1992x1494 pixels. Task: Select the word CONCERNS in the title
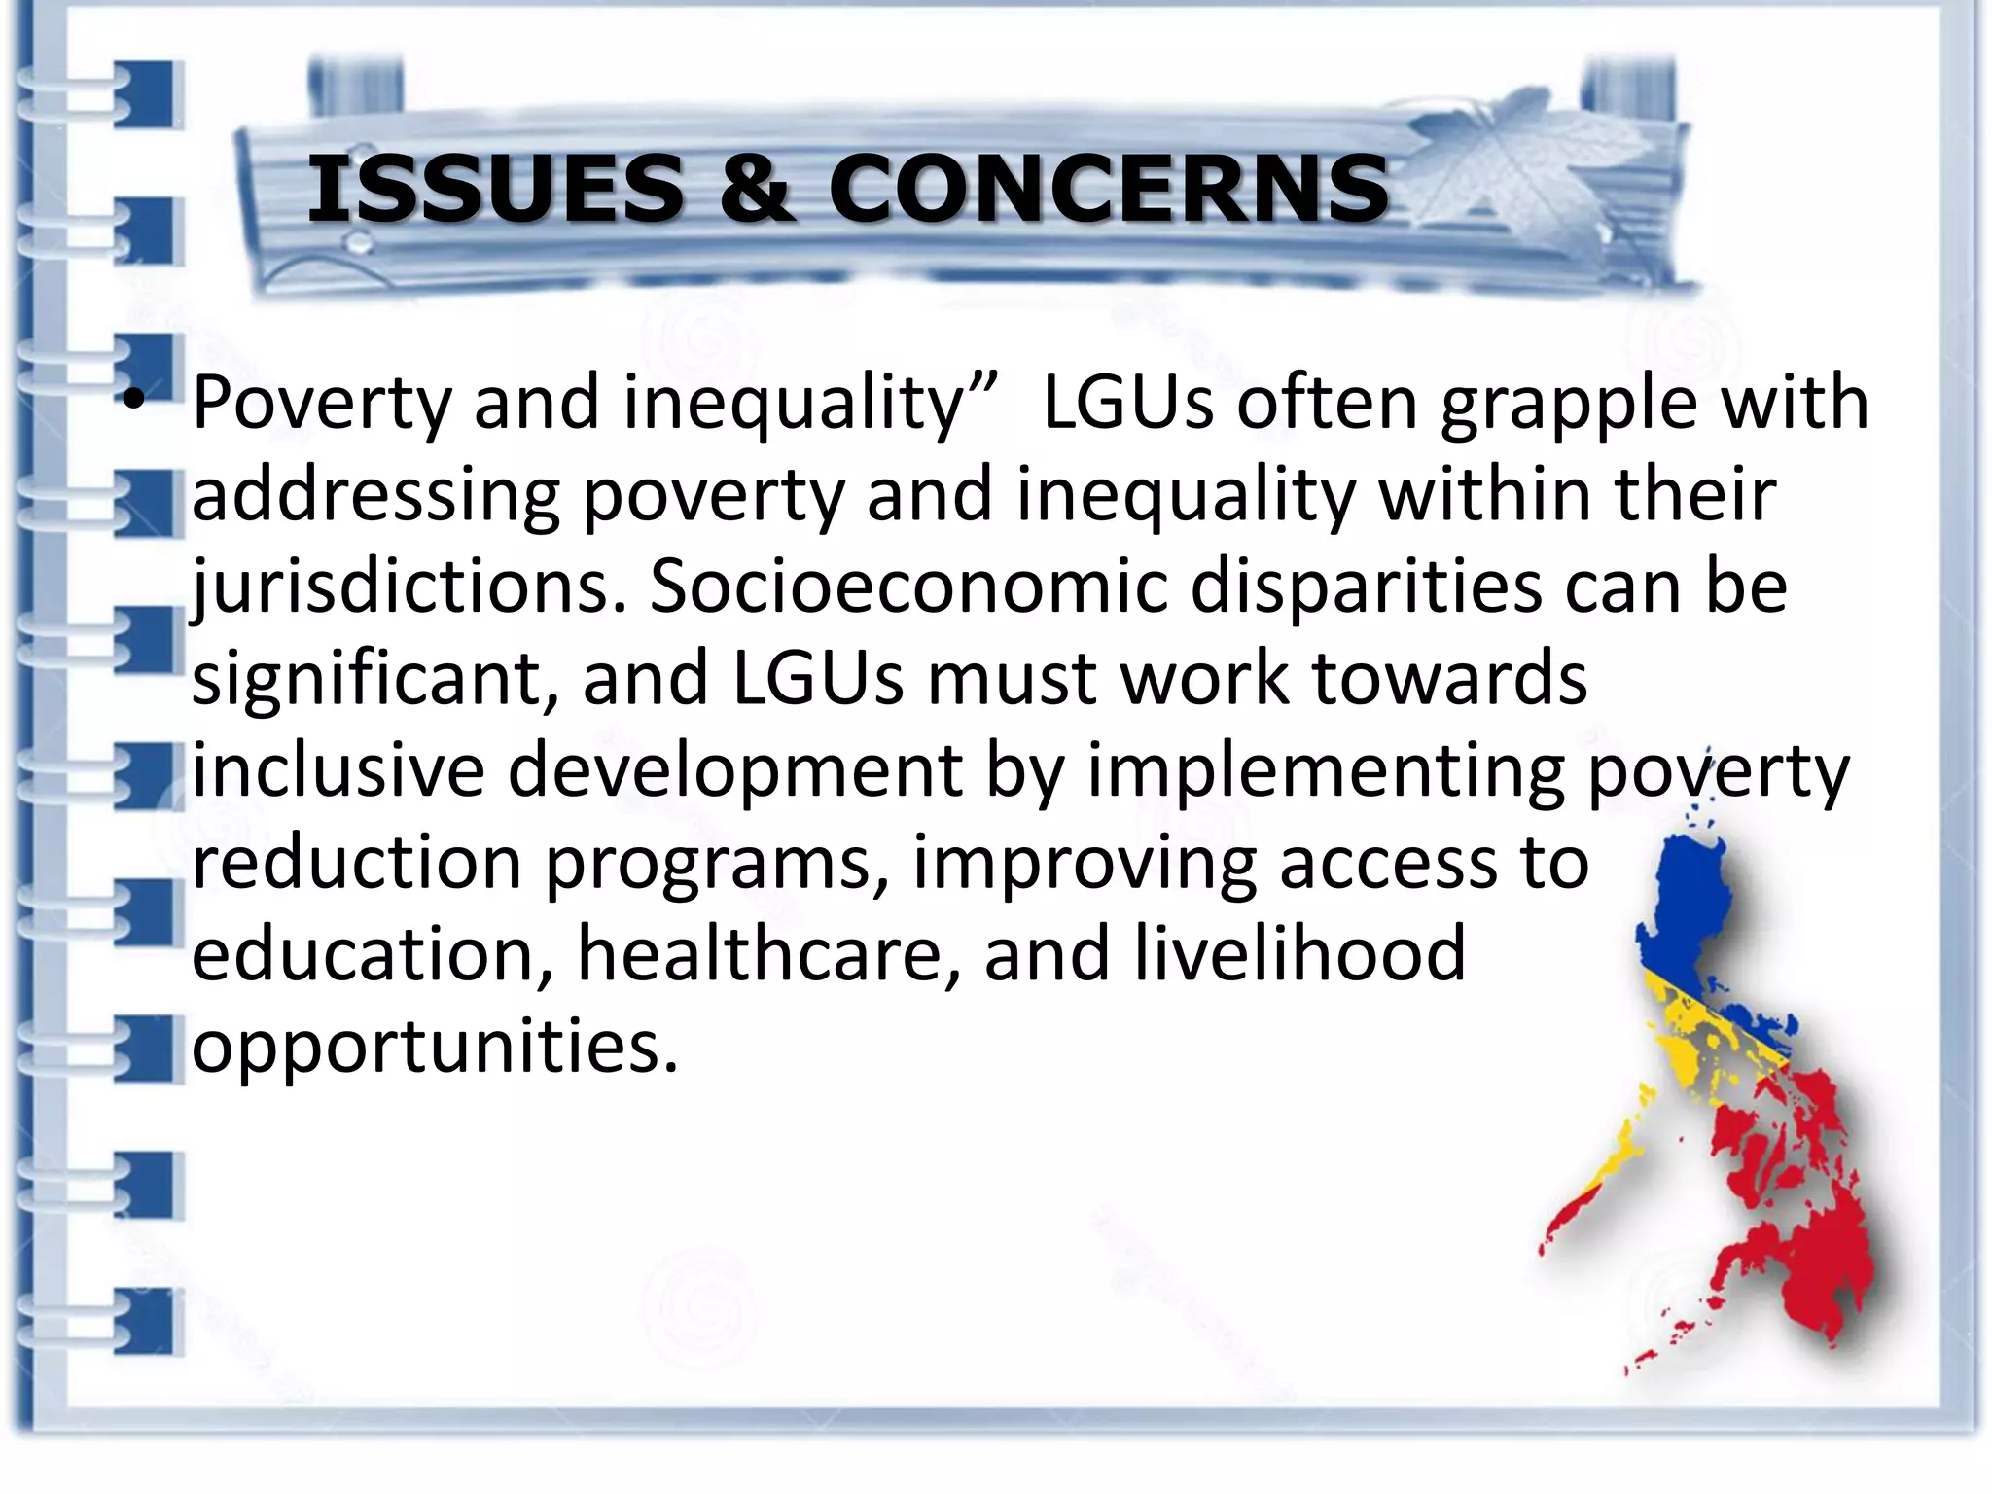tap(1109, 189)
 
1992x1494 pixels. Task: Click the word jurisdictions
tap(409, 587)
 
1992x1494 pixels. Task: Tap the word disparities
tap(1367, 587)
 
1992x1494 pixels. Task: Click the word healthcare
tap(768, 954)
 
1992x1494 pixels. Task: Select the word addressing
tap(375, 496)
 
